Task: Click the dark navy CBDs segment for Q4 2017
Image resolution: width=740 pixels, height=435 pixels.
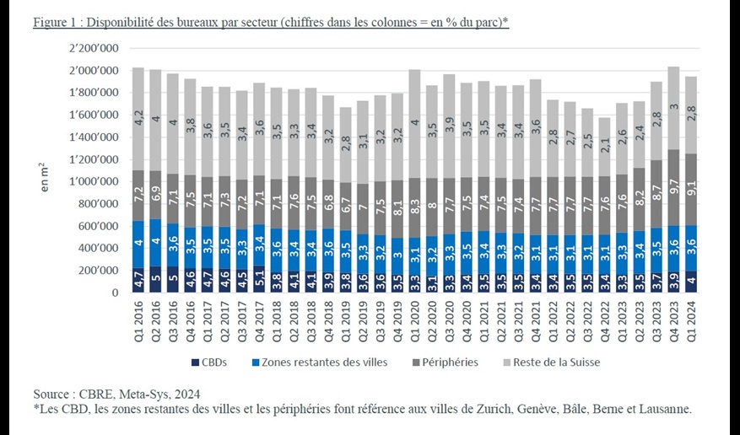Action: point(259,280)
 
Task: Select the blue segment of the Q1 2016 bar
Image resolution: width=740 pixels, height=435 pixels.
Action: point(138,244)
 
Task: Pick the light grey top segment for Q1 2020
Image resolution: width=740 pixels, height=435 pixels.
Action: point(415,123)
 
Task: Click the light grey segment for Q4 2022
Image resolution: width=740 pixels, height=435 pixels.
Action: point(605,147)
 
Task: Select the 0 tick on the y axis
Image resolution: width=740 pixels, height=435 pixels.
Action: point(115,293)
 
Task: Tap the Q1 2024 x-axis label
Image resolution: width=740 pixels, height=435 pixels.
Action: point(691,322)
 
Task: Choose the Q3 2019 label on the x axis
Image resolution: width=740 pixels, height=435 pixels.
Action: point(380,322)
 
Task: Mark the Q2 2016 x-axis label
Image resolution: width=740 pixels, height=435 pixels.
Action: point(155,322)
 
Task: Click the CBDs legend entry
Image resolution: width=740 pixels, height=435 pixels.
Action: point(209,362)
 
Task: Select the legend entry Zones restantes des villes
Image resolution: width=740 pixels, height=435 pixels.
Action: point(320,362)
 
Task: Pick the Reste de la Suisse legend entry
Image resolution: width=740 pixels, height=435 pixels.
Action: point(551,362)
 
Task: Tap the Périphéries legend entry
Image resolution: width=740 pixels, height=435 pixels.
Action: point(445,362)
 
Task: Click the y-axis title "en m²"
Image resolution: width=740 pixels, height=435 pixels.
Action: point(45,177)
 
